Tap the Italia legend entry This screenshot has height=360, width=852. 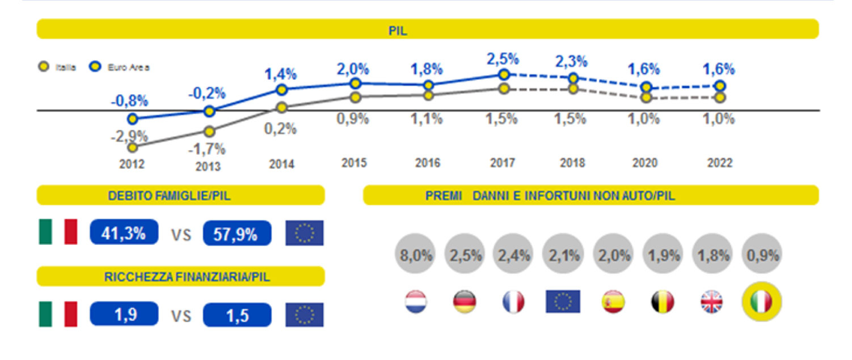pos(60,67)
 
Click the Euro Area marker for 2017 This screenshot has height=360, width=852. pos(503,75)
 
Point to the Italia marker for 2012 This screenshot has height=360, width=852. pos(133,147)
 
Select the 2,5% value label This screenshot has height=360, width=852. pos(503,58)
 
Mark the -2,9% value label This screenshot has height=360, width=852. pos(129,136)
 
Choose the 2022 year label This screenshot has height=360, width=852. pos(720,163)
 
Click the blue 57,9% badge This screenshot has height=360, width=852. pos(237,234)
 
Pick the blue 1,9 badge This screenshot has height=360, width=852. pos(124,315)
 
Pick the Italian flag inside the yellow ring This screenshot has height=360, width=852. pos(761,302)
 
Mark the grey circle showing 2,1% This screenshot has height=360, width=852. pos(562,255)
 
